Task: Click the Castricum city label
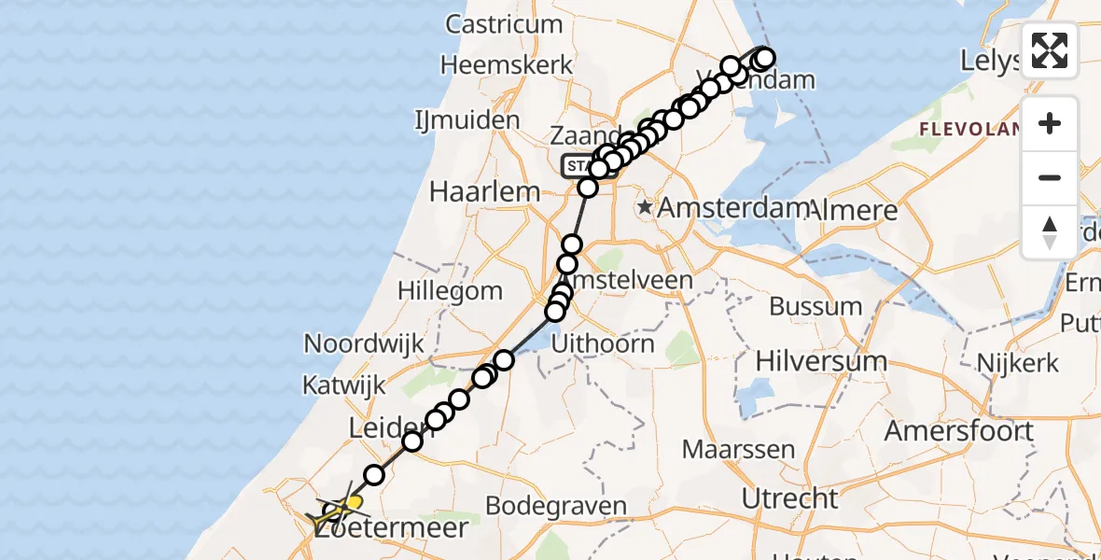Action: pyautogui.click(x=504, y=24)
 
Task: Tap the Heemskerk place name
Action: pyautogui.click(x=507, y=65)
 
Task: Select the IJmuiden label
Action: pyautogui.click(x=467, y=120)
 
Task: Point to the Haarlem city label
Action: pyautogui.click(x=484, y=192)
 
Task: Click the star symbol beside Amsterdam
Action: pyautogui.click(x=645, y=206)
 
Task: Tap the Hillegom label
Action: pyautogui.click(x=450, y=290)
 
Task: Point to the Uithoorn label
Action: pyautogui.click(x=603, y=343)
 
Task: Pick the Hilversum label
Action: pyautogui.click(x=821, y=361)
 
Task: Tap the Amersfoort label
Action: pyautogui.click(x=958, y=431)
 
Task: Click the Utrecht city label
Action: pyautogui.click(x=790, y=498)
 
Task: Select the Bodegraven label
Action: pyautogui.click(x=556, y=507)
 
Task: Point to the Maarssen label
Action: pyautogui.click(x=738, y=449)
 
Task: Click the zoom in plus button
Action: pyautogui.click(x=1050, y=123)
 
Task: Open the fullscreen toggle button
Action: pyautogui.click(x=1050, y=50)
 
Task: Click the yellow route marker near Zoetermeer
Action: pyautogui.click(x=354, y=502)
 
